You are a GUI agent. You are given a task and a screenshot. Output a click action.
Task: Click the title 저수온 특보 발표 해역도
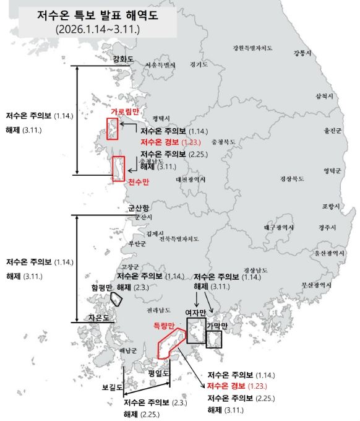click(98, 15)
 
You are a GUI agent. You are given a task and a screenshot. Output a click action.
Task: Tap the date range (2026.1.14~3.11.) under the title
click(97, 29)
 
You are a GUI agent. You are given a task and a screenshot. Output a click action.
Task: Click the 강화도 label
click(124, 59)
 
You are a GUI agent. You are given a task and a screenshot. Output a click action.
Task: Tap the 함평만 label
click(102, 288)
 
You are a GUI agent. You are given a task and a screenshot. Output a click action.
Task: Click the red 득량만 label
click(166, 326)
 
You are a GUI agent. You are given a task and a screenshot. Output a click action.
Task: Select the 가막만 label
click(217, 326)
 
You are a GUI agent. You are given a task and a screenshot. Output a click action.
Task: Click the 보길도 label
click(113, 388)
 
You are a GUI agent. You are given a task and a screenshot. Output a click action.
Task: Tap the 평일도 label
click(159, 373)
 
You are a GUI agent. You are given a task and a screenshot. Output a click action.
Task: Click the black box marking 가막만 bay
click(214, 339)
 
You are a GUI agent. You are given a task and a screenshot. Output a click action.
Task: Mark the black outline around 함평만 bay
click(116, 298)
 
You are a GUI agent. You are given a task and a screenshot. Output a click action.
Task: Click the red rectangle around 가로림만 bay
click(113, 128)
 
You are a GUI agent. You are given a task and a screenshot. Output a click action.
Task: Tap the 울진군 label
click(332, 131)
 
